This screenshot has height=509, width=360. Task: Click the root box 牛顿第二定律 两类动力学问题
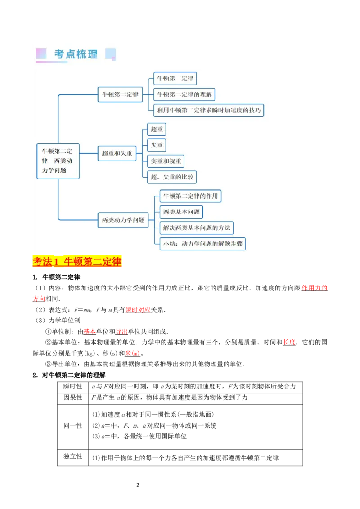pos(58,161)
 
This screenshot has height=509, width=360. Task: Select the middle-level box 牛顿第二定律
pos(120,94)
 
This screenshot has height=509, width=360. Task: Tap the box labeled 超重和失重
pos(117,153)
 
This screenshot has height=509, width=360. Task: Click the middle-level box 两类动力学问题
pos(123,220)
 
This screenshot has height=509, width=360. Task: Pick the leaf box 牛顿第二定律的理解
pos(184,94)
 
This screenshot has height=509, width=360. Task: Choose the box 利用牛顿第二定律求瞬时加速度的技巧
pos(209,110)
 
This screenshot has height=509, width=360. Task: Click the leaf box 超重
pos(157,129)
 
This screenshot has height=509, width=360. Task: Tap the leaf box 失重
pos(157,145)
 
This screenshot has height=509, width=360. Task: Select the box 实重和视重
pos(166,161)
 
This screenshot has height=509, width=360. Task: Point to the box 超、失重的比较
pos(172,177)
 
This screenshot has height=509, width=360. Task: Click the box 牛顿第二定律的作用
pos(190,196)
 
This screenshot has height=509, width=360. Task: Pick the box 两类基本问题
pos(181,212)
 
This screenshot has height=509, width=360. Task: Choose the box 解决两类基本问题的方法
pos(197,228)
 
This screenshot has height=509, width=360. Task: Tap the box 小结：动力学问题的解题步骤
pos(202,244)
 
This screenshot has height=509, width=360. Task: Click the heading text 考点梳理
pos(76,54)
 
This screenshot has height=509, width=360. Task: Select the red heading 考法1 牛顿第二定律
pos(77,262)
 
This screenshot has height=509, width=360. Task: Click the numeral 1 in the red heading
pos(57,262)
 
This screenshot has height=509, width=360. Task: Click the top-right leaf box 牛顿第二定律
pos(175,79)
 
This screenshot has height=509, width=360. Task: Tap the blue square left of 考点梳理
pos(41,54)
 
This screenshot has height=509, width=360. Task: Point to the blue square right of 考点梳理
pos(110,54)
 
